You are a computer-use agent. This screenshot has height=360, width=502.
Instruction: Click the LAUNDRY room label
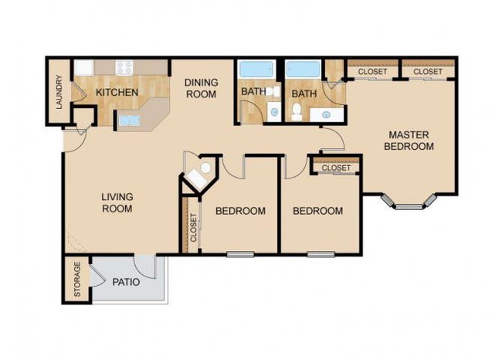(59, 92)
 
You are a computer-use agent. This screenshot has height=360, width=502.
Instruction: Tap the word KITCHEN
(117, 93)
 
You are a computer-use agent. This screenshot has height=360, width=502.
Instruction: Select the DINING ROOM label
(200, 88)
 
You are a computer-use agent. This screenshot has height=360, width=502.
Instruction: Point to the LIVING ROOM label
(117, 202)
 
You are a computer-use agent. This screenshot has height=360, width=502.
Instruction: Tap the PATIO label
(126, 282)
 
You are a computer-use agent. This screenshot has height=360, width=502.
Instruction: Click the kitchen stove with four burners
(126, 67)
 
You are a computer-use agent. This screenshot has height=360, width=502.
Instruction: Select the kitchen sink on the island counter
(128, 121)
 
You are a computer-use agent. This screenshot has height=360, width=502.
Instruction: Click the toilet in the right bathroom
(297, 115)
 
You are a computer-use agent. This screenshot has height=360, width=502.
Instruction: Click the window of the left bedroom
(240, 254)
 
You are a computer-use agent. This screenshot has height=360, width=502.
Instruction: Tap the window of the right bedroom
(320, 254)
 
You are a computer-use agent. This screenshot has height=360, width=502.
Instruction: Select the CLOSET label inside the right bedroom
(335, 168)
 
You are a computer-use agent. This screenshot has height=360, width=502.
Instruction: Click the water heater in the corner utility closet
(203, 172)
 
